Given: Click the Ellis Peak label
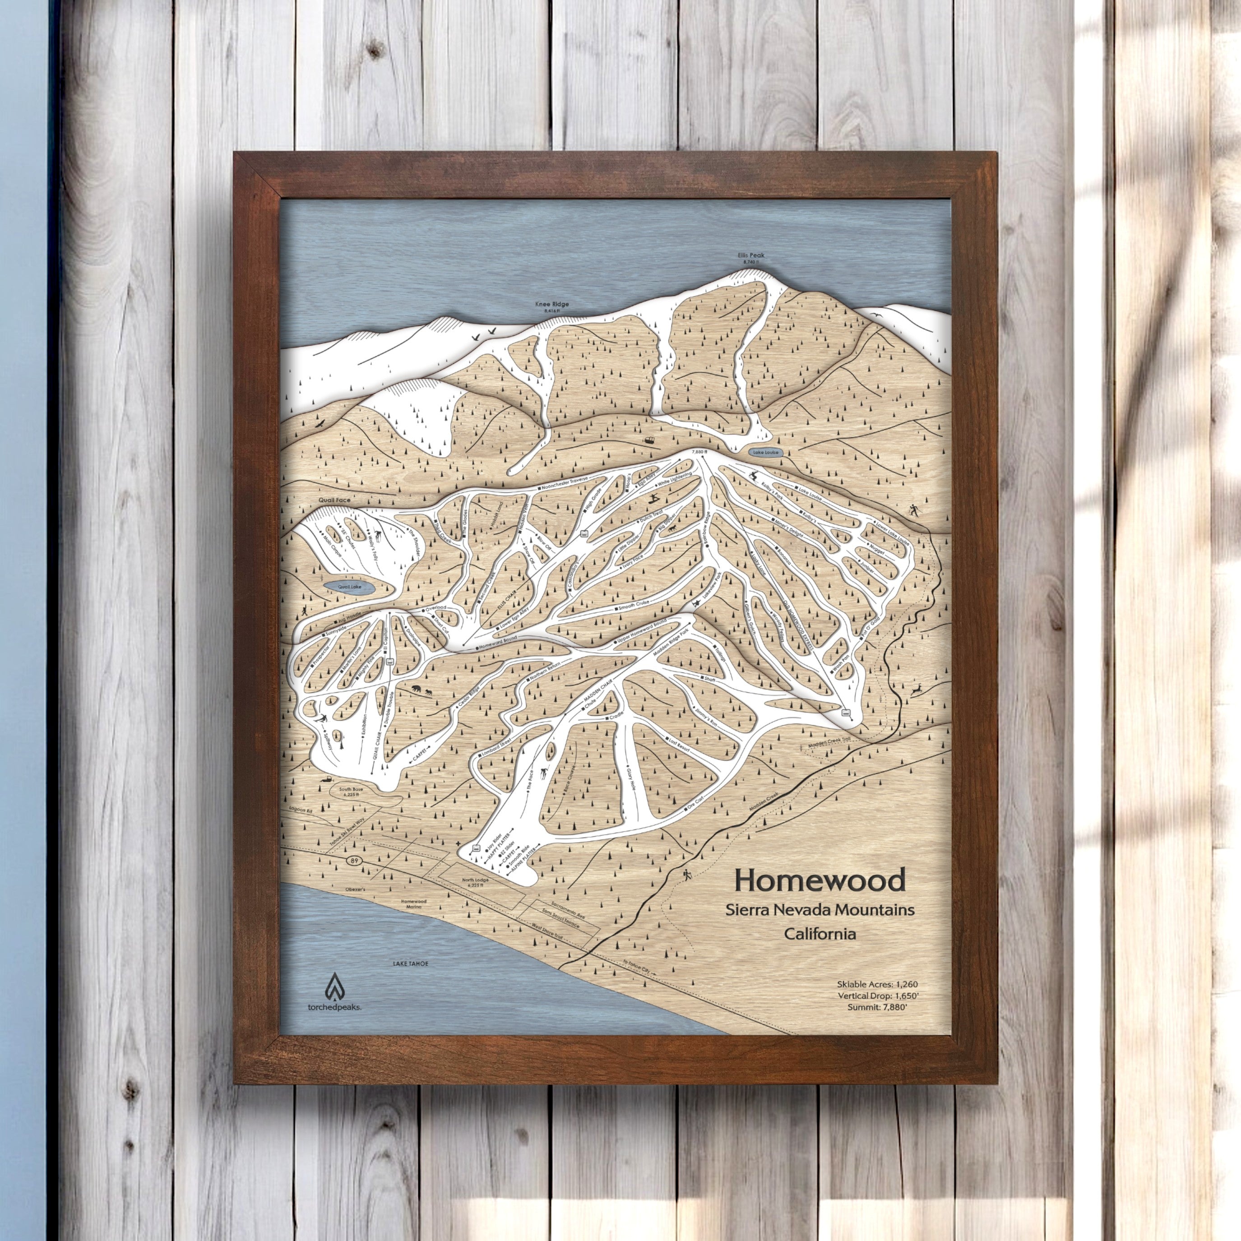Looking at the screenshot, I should pyautogui.click(x=750, y=255).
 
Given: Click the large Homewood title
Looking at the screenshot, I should pyautogui.click(x=820, y=880).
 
